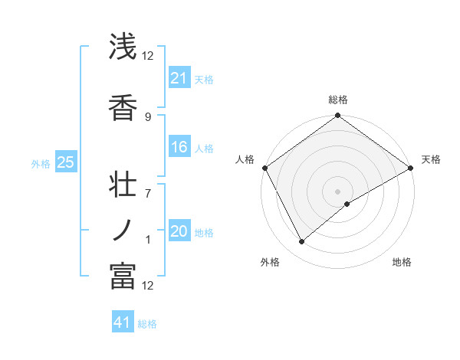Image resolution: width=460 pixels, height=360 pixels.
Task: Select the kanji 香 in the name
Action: [123, 106]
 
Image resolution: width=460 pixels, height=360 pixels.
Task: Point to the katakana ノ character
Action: [123, 231]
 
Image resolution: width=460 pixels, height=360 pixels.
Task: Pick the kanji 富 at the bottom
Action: [123, 276]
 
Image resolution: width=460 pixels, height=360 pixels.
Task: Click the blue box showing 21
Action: [179, 78]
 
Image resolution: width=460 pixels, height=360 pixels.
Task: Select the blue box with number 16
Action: [179, 147]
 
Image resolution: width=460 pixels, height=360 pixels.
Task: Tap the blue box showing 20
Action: [179, 231]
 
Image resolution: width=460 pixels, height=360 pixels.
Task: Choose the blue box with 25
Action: [65, 162]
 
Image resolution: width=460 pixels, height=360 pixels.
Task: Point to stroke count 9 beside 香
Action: [148, 116]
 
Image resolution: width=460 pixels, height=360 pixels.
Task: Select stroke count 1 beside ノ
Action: [148, 240]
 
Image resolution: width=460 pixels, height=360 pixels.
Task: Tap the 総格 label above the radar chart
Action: [337, 100]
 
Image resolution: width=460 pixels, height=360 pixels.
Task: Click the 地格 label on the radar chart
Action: [402, 262]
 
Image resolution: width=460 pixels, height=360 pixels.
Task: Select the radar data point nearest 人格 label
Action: [264, 168]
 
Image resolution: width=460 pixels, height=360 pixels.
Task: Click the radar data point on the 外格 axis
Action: [302, 242]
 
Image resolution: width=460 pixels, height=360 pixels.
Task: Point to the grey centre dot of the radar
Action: [337, 191]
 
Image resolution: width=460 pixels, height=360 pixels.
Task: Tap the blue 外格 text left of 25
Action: [41, 163]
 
